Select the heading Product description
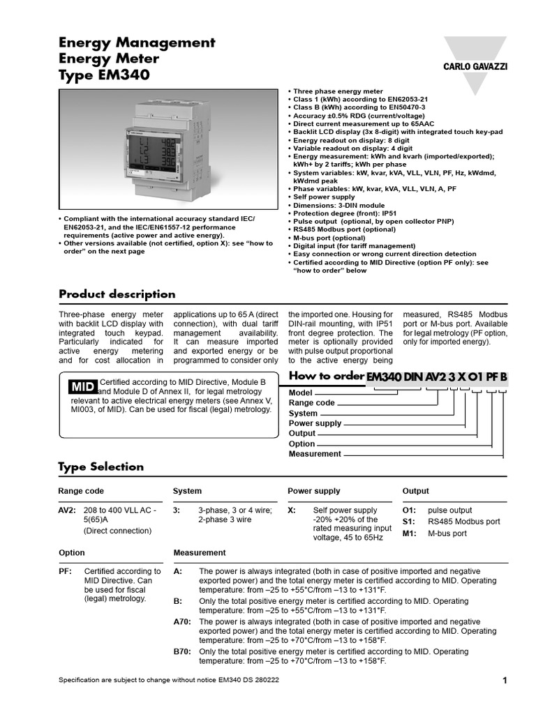[117, 294]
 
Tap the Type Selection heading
[101, 466]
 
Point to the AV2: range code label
[66, 510]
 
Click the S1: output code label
[410, 522]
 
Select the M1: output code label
[410, 533]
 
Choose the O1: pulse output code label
[410, 510]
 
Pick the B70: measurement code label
[181, 652]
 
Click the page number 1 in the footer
[504, 681]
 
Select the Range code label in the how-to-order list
[312, 403]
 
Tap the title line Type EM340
[105, 75]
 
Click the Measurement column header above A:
[200, 552]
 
